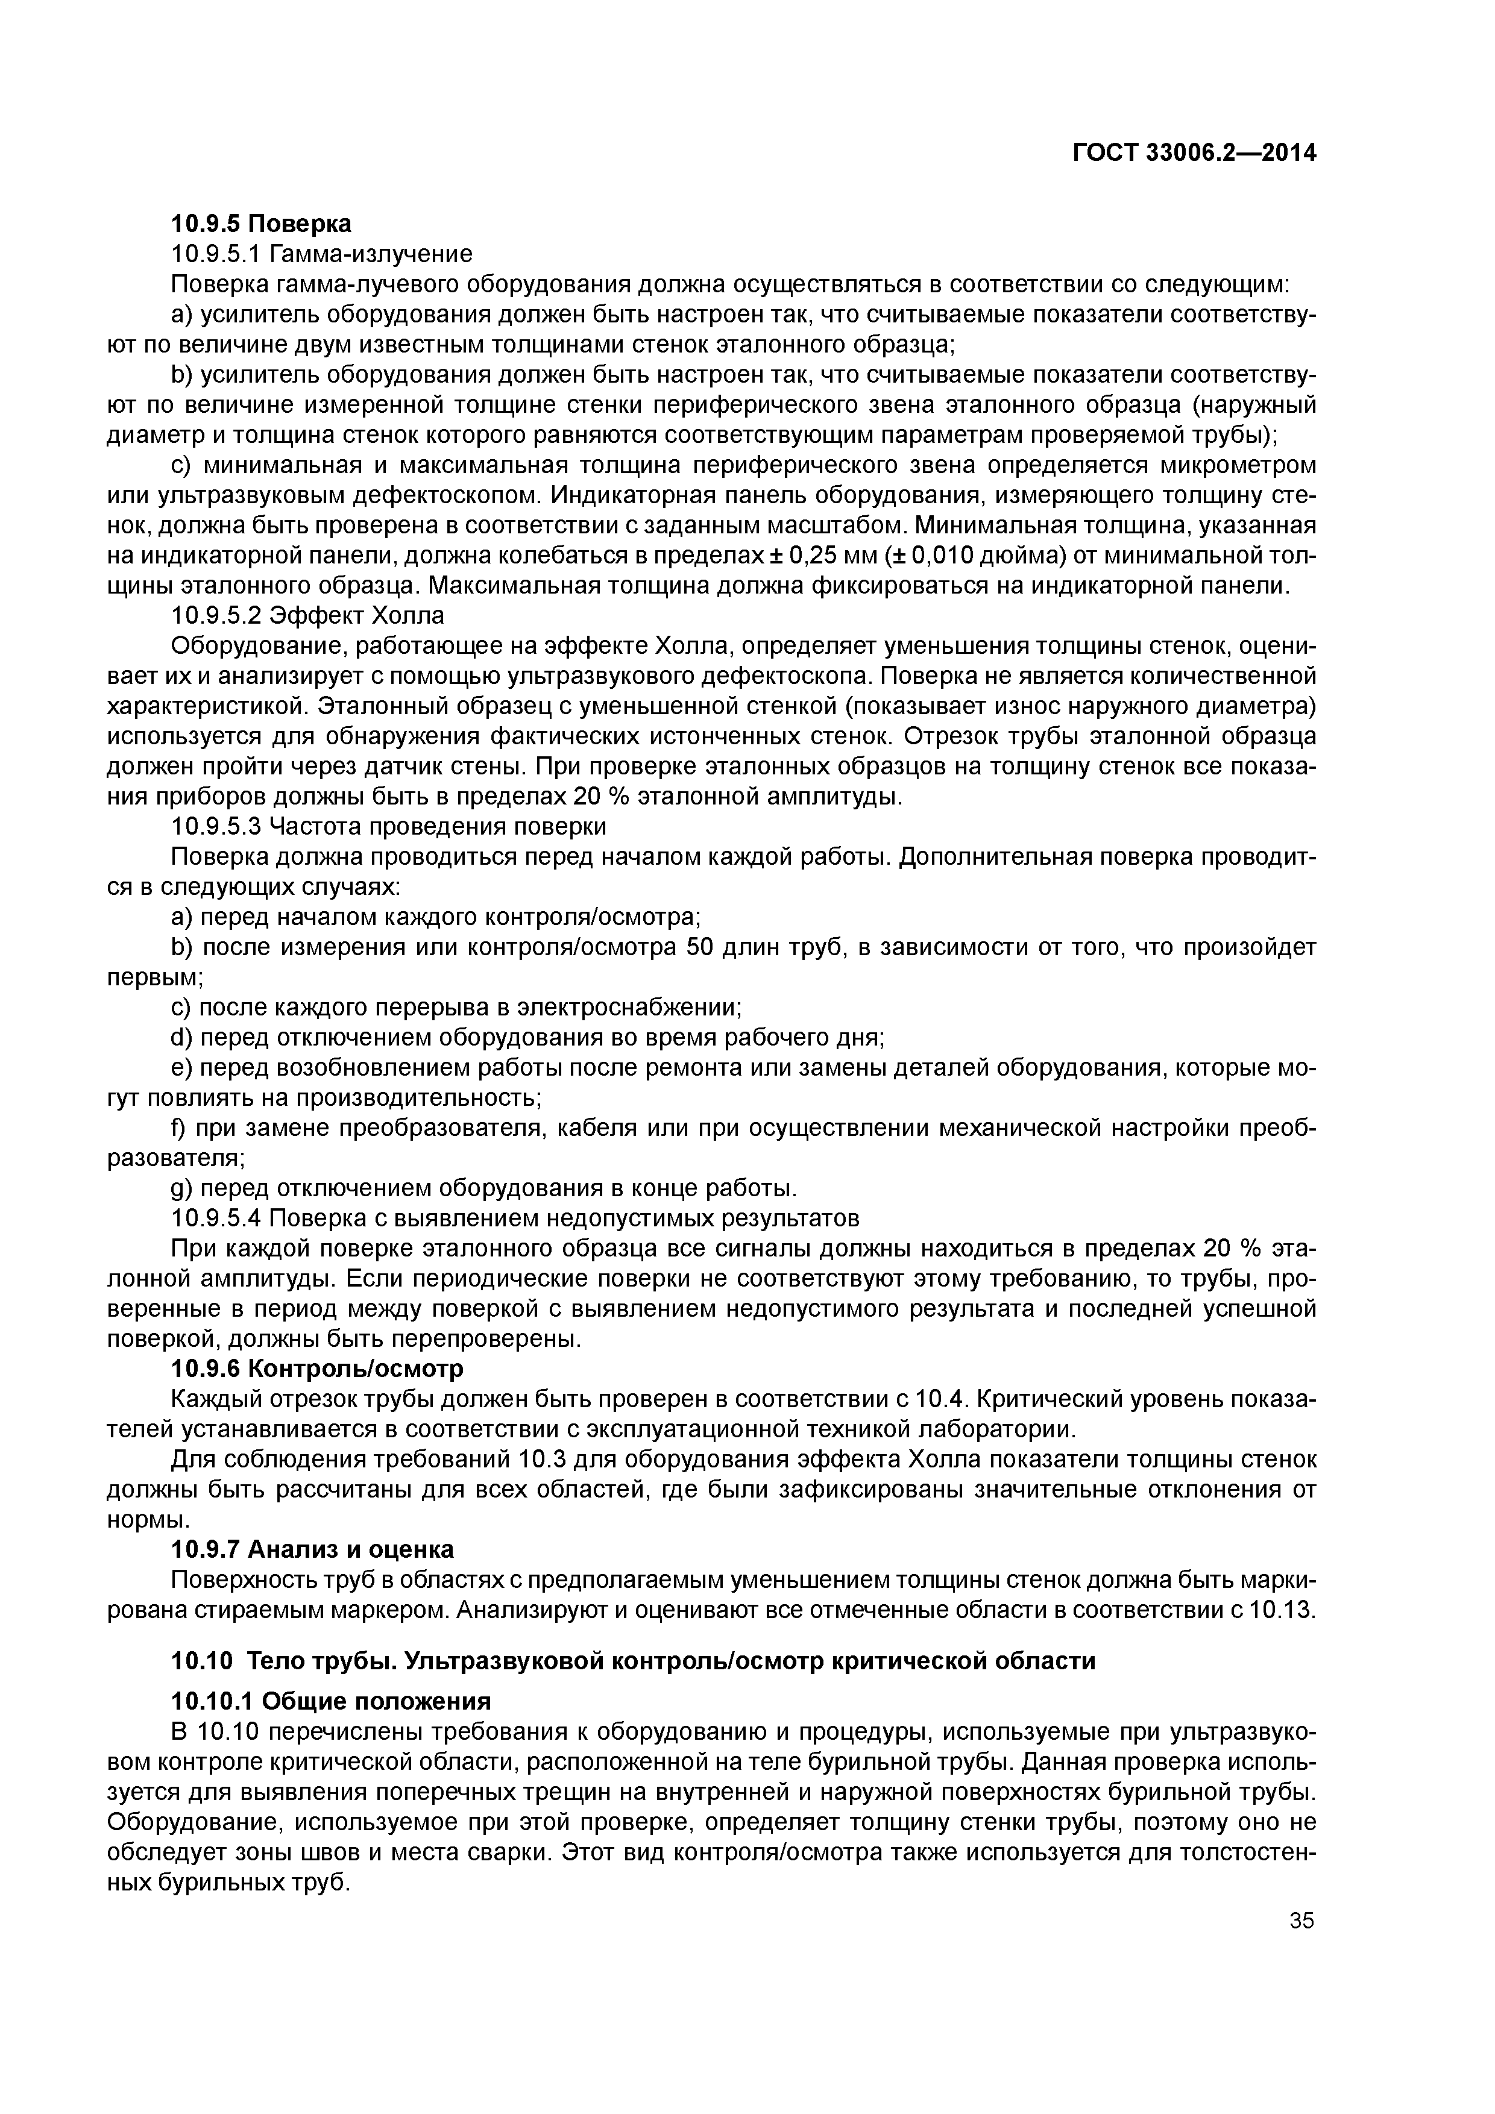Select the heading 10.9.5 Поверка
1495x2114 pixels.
[262, 224]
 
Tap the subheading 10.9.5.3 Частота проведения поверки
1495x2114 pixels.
[389, 827]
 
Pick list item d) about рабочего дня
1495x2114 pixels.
[528, 1038]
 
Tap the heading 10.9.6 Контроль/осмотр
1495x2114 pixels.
[318, 1369]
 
